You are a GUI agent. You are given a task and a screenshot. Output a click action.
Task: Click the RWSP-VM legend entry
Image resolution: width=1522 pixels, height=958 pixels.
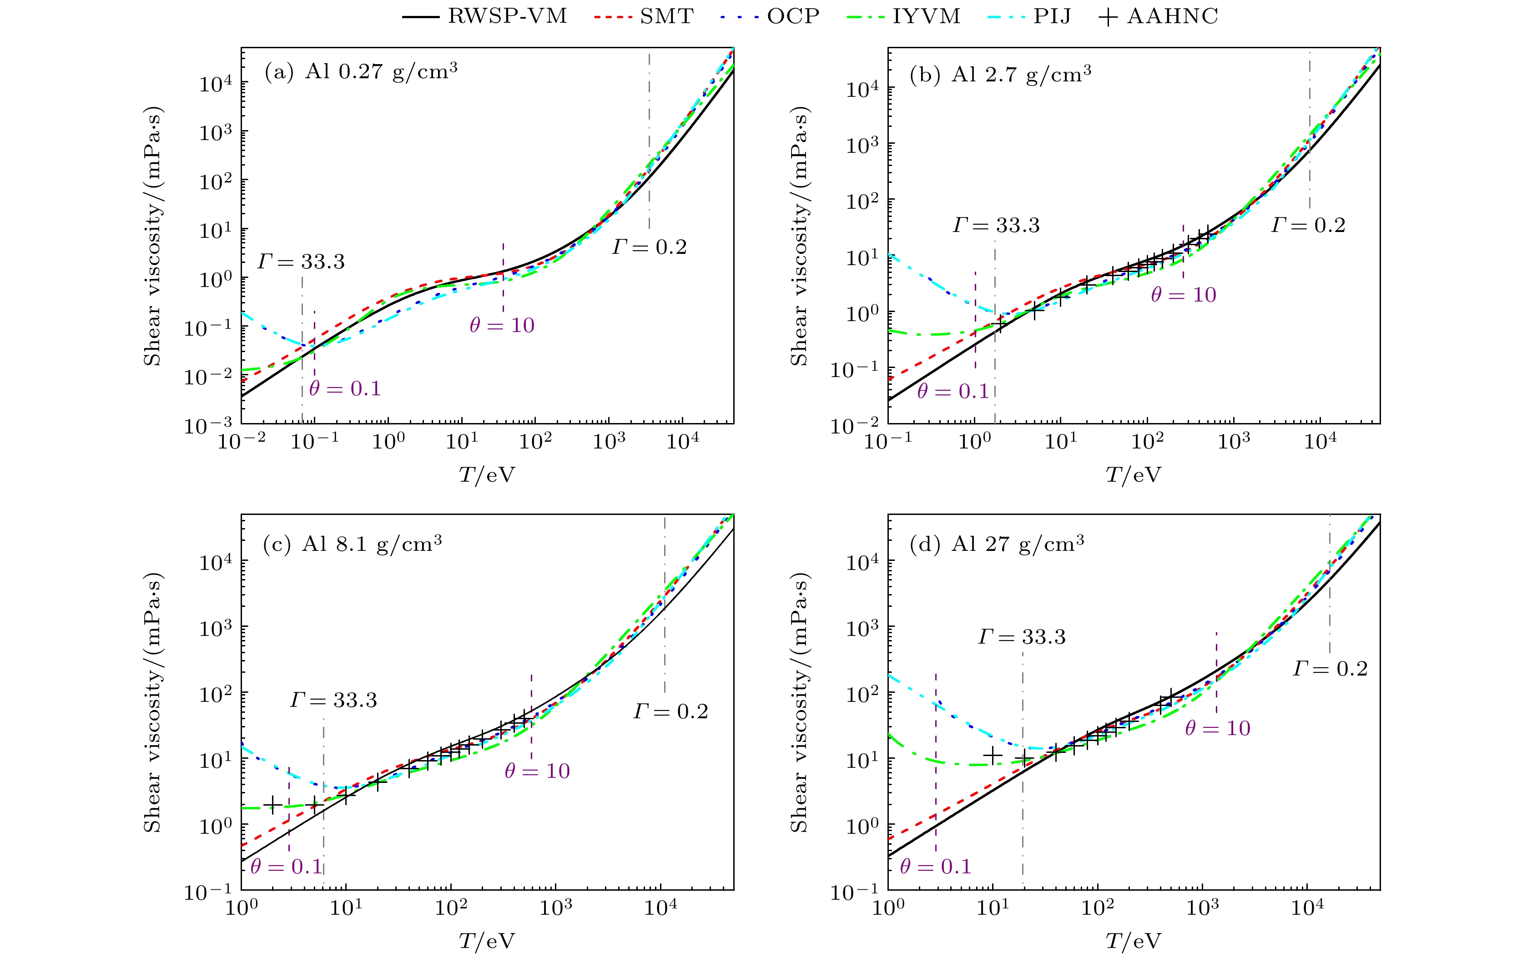tap(485, 16)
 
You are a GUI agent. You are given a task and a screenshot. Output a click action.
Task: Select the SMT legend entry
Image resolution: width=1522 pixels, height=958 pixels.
tap(644, 16)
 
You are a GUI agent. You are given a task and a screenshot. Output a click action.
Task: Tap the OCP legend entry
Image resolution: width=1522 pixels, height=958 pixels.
tap(771, 16)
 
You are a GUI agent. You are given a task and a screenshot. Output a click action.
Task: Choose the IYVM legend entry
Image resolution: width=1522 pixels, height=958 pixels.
tap(904, 16)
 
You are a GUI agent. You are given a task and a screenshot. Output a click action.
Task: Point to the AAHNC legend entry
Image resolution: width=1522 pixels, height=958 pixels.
tap(1159, 16)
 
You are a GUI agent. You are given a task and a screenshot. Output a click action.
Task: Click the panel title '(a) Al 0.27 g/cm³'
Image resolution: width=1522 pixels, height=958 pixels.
tap(361, 71)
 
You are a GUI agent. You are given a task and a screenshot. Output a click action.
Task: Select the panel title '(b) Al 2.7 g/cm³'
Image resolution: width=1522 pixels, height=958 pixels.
tap(1001, 75)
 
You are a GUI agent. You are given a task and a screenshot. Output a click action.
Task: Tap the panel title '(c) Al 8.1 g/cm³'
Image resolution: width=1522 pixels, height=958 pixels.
tap(353, 544)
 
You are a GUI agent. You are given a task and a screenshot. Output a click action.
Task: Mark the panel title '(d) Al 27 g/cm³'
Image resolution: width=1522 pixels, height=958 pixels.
tap(997, 544)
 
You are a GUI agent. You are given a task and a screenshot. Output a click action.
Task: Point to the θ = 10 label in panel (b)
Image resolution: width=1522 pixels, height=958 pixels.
tap(1183, 294)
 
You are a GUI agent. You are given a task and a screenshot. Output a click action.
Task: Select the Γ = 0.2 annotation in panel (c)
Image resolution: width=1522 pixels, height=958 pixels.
tap(670, 711)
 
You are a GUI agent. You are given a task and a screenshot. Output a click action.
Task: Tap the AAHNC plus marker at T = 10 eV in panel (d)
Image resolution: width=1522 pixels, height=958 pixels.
tap(993, 755)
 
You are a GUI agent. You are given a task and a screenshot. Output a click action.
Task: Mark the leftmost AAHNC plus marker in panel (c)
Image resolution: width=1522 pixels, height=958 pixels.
tap(272, 804)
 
